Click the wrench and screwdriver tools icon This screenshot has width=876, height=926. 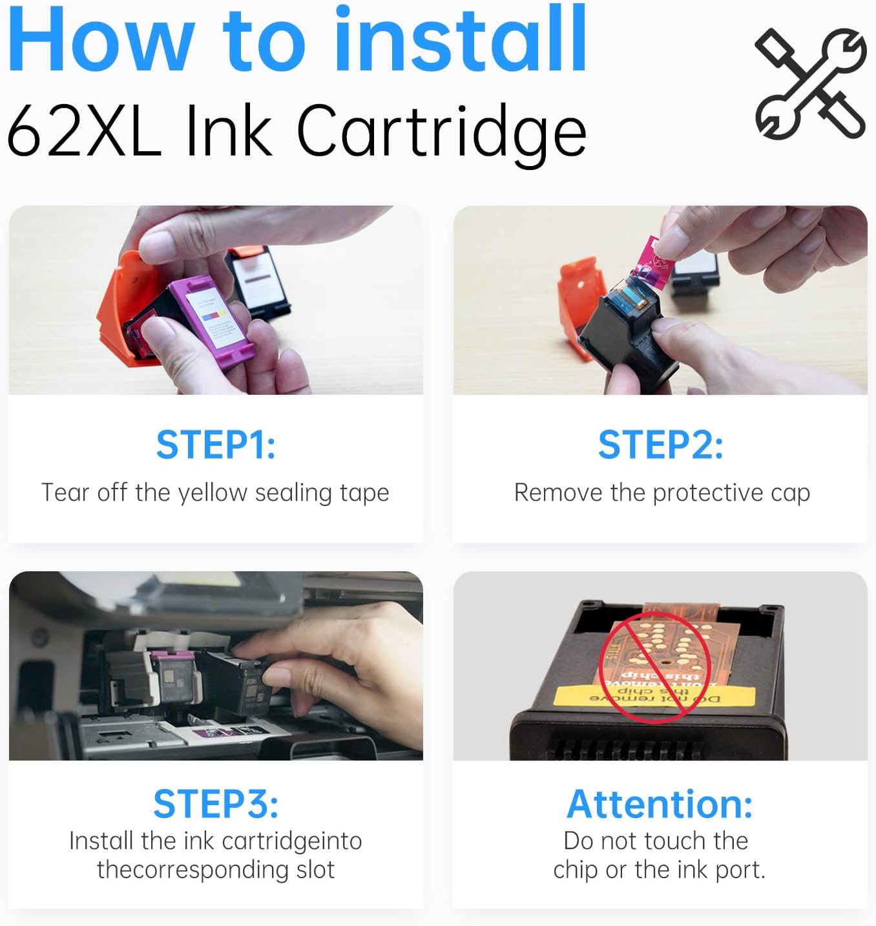click(811, 83)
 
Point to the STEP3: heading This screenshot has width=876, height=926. click(216, 803)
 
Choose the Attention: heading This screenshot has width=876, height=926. click(660, 804)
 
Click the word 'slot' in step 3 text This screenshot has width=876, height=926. click(315, 870)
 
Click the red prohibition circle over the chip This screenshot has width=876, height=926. click(655, 666)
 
